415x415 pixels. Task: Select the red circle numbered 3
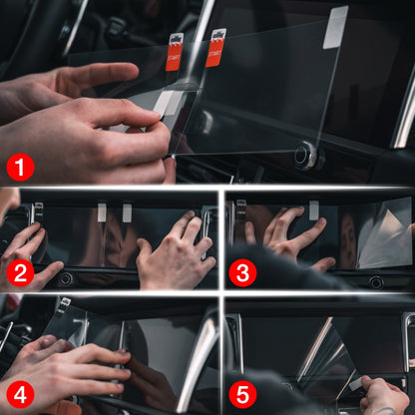click(242, 271)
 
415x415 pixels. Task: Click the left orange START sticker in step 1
click(174, 52)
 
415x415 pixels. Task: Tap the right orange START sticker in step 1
click(215, 47)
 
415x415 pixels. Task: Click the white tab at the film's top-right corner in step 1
click(336, 27)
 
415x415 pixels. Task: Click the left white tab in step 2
click(102, 211)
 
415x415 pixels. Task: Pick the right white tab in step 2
click(127, 211)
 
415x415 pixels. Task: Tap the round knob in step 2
click(65, 279)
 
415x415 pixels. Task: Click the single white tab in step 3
click(313, 209)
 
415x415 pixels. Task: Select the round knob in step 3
click(376, 281)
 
